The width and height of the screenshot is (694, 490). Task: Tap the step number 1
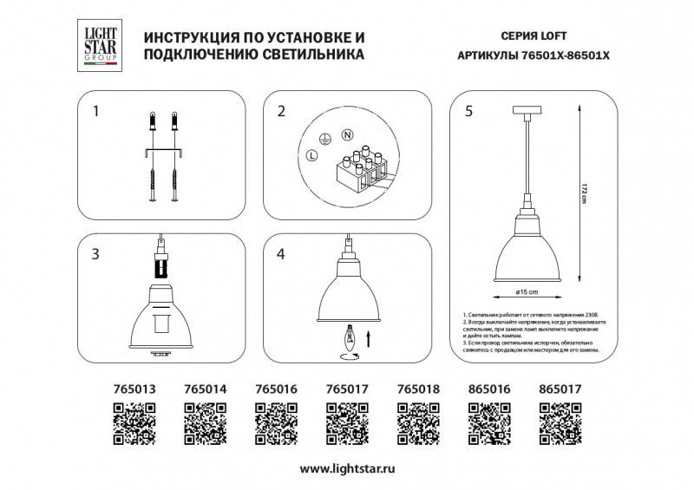(97, 112)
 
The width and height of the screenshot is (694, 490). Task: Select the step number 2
(281, 112)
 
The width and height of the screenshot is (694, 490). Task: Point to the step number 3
(97, 254)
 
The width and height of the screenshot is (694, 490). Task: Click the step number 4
(281, 254)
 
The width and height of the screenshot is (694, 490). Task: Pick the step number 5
(468, 112)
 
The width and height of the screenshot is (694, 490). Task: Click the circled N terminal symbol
(347, 135)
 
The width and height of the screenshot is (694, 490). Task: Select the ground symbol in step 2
(325, 138)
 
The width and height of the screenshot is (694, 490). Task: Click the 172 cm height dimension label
(585, 194)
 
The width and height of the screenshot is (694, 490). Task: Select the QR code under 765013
(134, 425)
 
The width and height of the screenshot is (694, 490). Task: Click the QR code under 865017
(560, 425)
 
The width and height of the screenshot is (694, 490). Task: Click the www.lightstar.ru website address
(347, 469)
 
